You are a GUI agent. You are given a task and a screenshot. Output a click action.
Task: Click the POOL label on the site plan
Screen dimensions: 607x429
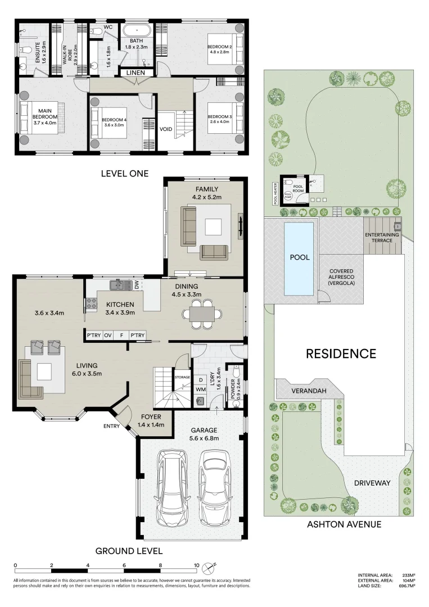pyautogui.click(x=299, y=257)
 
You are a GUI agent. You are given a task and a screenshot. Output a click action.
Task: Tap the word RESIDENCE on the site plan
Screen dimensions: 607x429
pyautogui.click(x=341, y=354)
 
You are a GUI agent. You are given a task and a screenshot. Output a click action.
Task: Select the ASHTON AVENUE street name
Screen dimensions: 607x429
pyautogui.click(x=344, y=524)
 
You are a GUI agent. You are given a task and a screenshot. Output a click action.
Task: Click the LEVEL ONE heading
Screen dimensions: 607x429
pyautogui.click(x=124, y=174)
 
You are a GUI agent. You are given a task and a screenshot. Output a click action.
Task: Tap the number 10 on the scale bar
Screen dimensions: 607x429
pyautogui.click(x=196, y=566)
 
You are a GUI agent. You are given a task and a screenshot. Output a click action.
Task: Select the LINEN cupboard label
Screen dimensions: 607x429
pyautogui.click(x=135, y=73)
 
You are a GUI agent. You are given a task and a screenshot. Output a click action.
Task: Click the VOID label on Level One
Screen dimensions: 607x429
pyautogui.click(x=166, y=129)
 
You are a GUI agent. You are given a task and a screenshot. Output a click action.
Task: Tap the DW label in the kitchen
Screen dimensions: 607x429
pyautogui.click(x=137, y=286)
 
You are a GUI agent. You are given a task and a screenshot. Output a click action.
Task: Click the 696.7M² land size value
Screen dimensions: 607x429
pyautogui.click(x=407, y=586)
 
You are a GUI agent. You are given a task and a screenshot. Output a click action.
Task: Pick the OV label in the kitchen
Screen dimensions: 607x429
pyautogui.click(x=108, y=336)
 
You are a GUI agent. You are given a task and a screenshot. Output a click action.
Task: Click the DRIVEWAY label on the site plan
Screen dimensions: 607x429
pyautogui.click(x=368, y=483)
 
